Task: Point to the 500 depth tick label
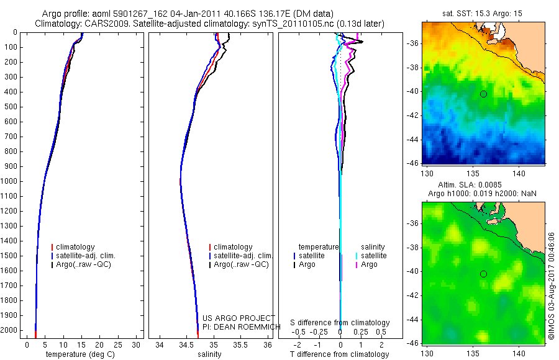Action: pos(11,107)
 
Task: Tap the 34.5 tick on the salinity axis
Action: pos(186,344)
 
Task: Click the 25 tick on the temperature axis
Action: pos(118,344)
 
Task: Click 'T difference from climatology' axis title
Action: pos(340,354)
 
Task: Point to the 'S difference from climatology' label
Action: pos(340,323)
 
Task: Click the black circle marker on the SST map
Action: pos(483,94)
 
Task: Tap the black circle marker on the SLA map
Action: pos(483,274)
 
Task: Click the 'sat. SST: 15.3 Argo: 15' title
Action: pos(483,13)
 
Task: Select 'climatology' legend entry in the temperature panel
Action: pos(78,247)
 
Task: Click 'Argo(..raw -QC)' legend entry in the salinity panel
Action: pos(241,264)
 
